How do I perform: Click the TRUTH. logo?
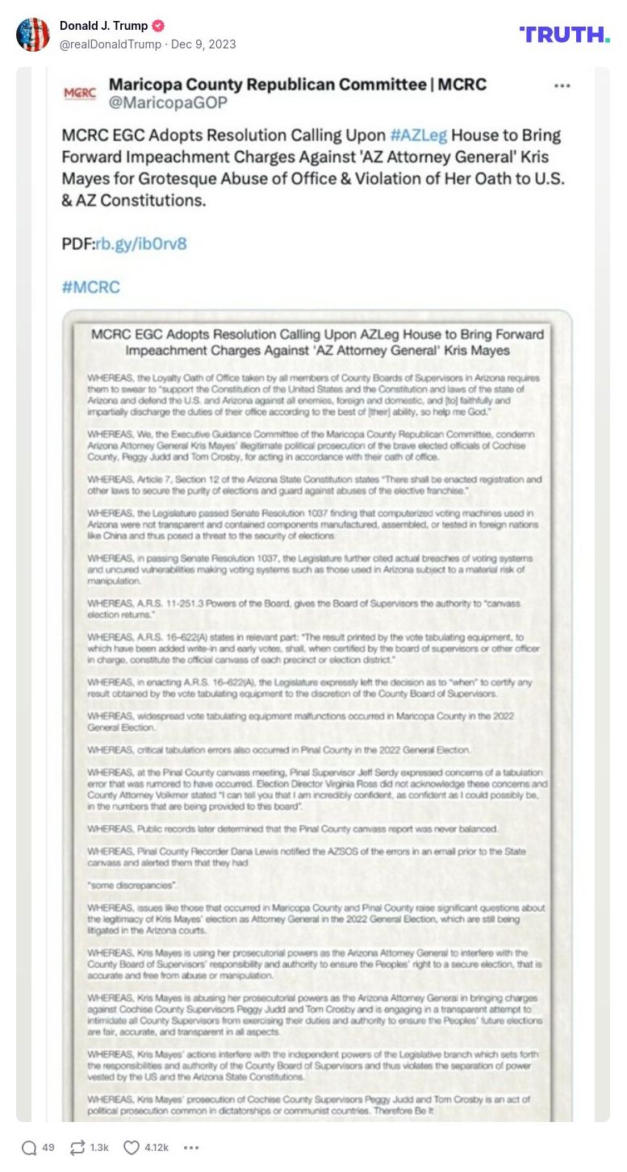coord(564,34)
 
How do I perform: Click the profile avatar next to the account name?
coord(33,35)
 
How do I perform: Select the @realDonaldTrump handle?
coord(111,44)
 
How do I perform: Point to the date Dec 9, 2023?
coord(203,44)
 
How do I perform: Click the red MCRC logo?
coord(80,93)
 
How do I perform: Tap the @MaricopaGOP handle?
coord(168,102)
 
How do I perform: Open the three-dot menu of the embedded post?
coord(562,86)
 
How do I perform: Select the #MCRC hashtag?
coord(90,286)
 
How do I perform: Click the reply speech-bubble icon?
coord(29,1148)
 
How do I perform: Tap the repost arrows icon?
coord(78,1148)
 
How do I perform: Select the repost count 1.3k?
coord(99,1148)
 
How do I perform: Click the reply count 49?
coord(48,1148)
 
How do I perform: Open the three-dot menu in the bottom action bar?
coord(191,1148)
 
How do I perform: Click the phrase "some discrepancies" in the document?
coord(119,885)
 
